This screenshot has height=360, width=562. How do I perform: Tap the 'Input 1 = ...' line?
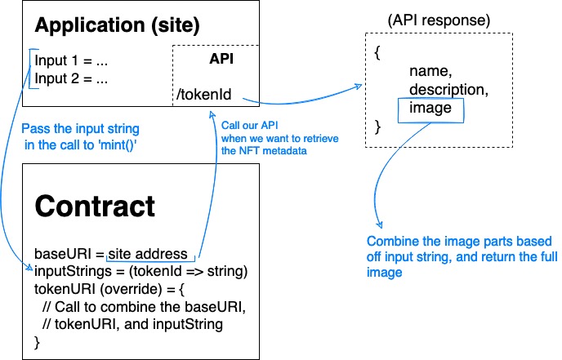pyautogui.click(x=72, y=61)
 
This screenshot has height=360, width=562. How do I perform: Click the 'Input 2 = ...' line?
pyautogui.click(x=72, y=79)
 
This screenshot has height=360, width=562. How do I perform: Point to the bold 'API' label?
pyautogui.click(x=221, y=60)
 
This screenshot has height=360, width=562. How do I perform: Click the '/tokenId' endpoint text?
pyautogui.click(x=204, y=96)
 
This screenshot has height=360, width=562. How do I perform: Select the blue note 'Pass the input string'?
pyautogui.click(x=80, y=129)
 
